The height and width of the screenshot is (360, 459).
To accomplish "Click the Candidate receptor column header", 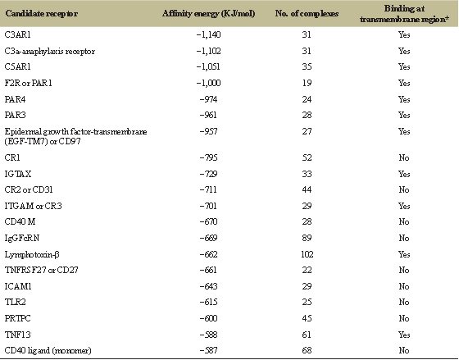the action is (x=42, y=13).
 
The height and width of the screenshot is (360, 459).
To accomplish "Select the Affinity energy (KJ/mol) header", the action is (x=208, y=13).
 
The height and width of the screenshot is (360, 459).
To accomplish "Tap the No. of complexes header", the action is (x=307, y=13).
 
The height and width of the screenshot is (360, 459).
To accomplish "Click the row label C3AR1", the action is (x=17, y=34).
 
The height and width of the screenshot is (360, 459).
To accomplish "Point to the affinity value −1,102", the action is (x=208, y=51).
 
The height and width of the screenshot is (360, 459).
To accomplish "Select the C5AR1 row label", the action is (x=17, y=66).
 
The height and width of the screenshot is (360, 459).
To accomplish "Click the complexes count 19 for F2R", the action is (x=307, y=83).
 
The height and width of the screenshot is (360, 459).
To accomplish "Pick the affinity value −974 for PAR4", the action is (x=208, y=99).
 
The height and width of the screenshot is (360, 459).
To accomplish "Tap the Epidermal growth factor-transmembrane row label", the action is (x=75, y=136).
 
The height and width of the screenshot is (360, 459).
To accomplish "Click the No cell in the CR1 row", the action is (x=404, y=157).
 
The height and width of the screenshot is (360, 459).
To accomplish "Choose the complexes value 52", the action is (x=307, y=157).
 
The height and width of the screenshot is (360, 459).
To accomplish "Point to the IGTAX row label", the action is (x=18, y=174).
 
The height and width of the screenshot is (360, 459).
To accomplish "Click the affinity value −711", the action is (x=208, y=189).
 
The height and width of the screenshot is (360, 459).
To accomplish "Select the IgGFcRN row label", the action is (x=22, y=238).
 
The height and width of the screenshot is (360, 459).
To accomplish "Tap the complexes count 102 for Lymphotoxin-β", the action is (x=307, y=254).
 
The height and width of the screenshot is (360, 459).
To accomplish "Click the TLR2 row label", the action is (x=16, y=302).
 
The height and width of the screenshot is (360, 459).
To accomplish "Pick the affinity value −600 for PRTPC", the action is (x=208, y=318).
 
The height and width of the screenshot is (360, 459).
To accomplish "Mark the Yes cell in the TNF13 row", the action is (x=404, y=335).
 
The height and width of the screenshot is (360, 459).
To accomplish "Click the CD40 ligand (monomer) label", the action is (x=48, y=350).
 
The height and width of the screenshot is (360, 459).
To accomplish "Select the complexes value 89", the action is (x=307, y=238).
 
